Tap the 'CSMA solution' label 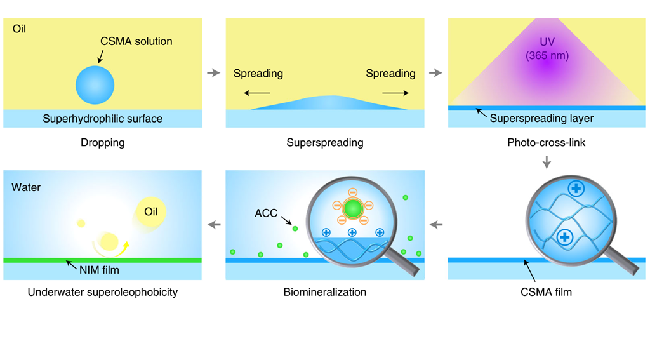point(136,41)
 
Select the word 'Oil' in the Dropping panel point(19,29)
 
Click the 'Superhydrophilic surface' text point(103,119)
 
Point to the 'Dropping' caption point(103,143)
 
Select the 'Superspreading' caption point(325,143)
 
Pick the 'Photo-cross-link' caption point(547,143)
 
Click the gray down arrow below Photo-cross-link point(547,163)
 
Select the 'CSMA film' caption point(547,293)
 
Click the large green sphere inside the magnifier point(352,208)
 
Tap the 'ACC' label point(266,213)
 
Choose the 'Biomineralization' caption point(325,293)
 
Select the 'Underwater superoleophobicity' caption point(103,293)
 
